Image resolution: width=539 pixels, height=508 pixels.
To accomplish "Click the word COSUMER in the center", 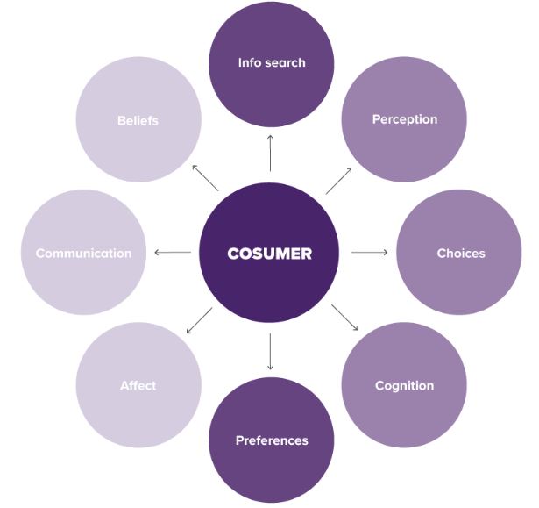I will click(x=270, y=254).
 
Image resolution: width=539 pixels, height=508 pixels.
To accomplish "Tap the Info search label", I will click(x=271, y=63).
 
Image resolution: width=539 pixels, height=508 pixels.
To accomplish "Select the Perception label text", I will click(x=404, y=118).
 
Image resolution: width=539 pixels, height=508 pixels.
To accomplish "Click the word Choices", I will click(x=460, y=254).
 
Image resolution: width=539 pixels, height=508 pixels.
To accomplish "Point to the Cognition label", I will click(x=404, y=385).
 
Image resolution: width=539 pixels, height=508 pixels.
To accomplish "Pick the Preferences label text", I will click(x=272, y=440).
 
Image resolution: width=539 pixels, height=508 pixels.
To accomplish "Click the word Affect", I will click(x=138, y=385).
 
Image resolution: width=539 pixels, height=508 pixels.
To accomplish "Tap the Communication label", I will click(x=83, y=254).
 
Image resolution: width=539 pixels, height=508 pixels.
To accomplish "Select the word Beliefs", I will click(x=138, y=120).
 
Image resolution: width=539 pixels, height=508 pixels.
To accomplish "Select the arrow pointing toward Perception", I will click(x=339, y=180).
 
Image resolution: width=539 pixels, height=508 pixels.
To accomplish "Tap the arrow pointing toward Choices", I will click(x=369, y=253).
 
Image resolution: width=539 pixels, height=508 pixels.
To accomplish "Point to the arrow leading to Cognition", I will click(x=344, y=318).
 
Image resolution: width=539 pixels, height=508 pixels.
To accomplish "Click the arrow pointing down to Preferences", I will click(x=271, y=352).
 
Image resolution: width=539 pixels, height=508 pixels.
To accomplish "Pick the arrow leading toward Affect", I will click(x=199, y=320).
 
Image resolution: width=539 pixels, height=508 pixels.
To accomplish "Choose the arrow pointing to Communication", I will click(x=173, y=253).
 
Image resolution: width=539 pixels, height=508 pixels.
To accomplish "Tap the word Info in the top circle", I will click(x=249, y=63).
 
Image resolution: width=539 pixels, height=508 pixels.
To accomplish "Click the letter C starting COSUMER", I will click(x=233, y=254).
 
